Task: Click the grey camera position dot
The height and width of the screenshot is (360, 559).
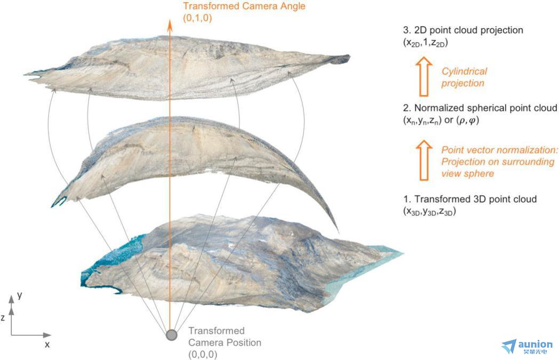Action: (171, 335)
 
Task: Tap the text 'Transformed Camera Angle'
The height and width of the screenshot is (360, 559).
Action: (244, 6)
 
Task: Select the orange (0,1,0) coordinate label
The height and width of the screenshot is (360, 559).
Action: (197, 18)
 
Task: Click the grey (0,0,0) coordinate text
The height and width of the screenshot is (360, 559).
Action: (203, 354)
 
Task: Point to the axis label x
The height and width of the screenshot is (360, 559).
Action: (47, 345)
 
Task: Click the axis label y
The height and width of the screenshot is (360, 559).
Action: (20, 295)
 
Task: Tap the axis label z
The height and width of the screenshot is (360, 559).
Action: (3, 317)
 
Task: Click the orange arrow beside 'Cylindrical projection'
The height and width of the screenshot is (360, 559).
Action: (424, 76)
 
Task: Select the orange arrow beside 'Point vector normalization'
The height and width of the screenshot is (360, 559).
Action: (424, 160)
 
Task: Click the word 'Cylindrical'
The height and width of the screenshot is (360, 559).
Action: (464, 71)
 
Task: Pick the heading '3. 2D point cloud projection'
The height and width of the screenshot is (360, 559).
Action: (463, 30)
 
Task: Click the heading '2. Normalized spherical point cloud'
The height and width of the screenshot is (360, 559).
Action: (480, 108)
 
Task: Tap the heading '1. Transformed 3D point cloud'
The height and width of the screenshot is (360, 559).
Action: (470, 199)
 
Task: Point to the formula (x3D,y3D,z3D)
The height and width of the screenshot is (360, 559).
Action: (429, 211)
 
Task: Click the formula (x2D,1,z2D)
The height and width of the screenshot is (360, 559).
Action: (425, 43)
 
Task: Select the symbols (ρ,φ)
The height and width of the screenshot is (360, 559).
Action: (468, 120)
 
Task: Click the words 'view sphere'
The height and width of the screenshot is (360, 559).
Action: (468, 173)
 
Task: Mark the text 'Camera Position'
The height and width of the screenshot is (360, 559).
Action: (225, 342)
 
